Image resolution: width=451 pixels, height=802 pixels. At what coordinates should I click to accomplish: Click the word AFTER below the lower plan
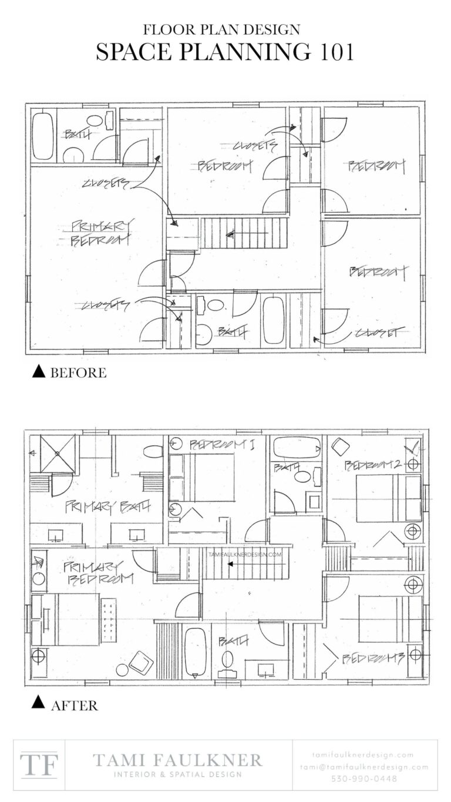tap(74, 705)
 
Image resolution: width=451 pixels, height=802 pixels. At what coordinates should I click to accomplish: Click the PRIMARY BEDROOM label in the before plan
tap(100, 233)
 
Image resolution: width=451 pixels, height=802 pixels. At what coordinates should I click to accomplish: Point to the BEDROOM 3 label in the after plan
tap(373, 658)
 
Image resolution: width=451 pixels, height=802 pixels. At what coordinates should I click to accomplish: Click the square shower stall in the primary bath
tap(58, 454)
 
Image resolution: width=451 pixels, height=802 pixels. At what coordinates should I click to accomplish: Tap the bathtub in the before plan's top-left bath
tap(43, 134)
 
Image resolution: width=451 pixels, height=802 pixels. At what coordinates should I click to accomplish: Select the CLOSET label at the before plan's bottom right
tap(375, 333)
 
